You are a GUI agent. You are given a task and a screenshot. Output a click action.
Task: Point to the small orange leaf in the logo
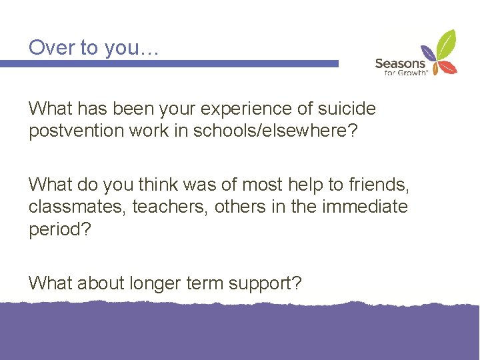(433, 67)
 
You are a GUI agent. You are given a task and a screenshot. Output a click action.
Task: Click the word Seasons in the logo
(399, 64)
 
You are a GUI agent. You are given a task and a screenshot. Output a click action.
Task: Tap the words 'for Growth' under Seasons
(405, 73)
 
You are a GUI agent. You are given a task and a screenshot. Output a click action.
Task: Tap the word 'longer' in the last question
(146, 283)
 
